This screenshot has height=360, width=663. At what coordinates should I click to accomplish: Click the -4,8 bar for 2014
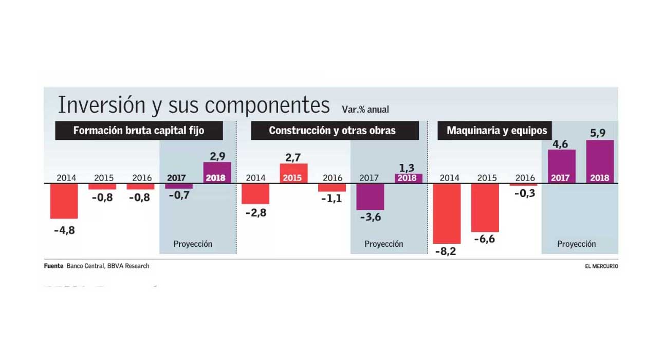pyautogui.click(x=64, y=201)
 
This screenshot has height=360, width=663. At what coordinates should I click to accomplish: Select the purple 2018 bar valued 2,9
pyautogui.click(x=217, y=172)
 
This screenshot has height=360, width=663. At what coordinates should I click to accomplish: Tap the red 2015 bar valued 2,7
pyautogui.click(x=293, y=173)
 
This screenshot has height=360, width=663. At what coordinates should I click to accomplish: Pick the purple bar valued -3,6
pyautogui.click(x=370, y=196)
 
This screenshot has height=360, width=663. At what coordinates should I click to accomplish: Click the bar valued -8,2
pyautogui.click(x=447, y=213)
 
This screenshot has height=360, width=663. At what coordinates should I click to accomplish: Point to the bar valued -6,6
pyautogui.click(x=485, y=208)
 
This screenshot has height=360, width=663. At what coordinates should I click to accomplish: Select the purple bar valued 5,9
pyautogui.click(x=600, y=161)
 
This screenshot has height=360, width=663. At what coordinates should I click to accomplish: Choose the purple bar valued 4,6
pyautogui.click(x=561, y=166)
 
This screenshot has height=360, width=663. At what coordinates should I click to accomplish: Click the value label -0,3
pyautogui.click(x=524, y=193)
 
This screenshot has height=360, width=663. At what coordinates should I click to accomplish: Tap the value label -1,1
pyautogui.click(x=331, y=199)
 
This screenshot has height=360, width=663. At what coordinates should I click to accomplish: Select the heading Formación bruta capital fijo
pyautogui.click(x=139, y=131)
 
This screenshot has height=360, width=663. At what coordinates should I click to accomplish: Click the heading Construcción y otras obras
pyautogui.click(x=333, y=131)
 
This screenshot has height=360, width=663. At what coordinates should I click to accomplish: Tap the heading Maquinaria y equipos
pyautogui.click(x=496, y=131)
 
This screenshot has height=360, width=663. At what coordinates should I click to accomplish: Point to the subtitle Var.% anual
pyautogui.click(x=365, y=110)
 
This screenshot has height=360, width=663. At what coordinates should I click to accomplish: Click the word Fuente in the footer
pyautogui.click(x=53, y=266)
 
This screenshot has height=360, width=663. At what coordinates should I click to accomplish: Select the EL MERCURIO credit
pyautogui.click(x=601, y=266)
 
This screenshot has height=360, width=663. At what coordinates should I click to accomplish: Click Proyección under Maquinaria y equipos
pyautogui.click(x=577, y=244)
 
